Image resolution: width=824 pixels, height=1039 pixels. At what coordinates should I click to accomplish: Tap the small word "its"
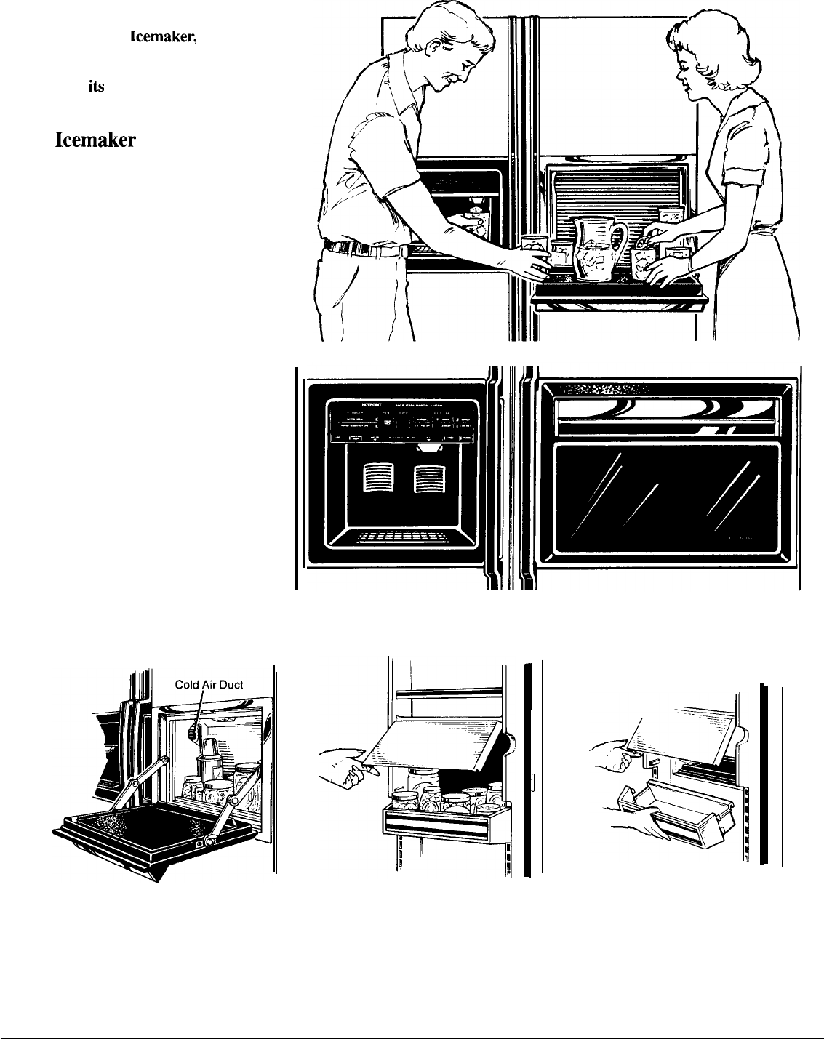pyautogui.click(x=97, y=86)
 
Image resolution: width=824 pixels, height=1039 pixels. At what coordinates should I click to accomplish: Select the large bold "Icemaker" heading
pyautogui.click(x=95, y=140)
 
